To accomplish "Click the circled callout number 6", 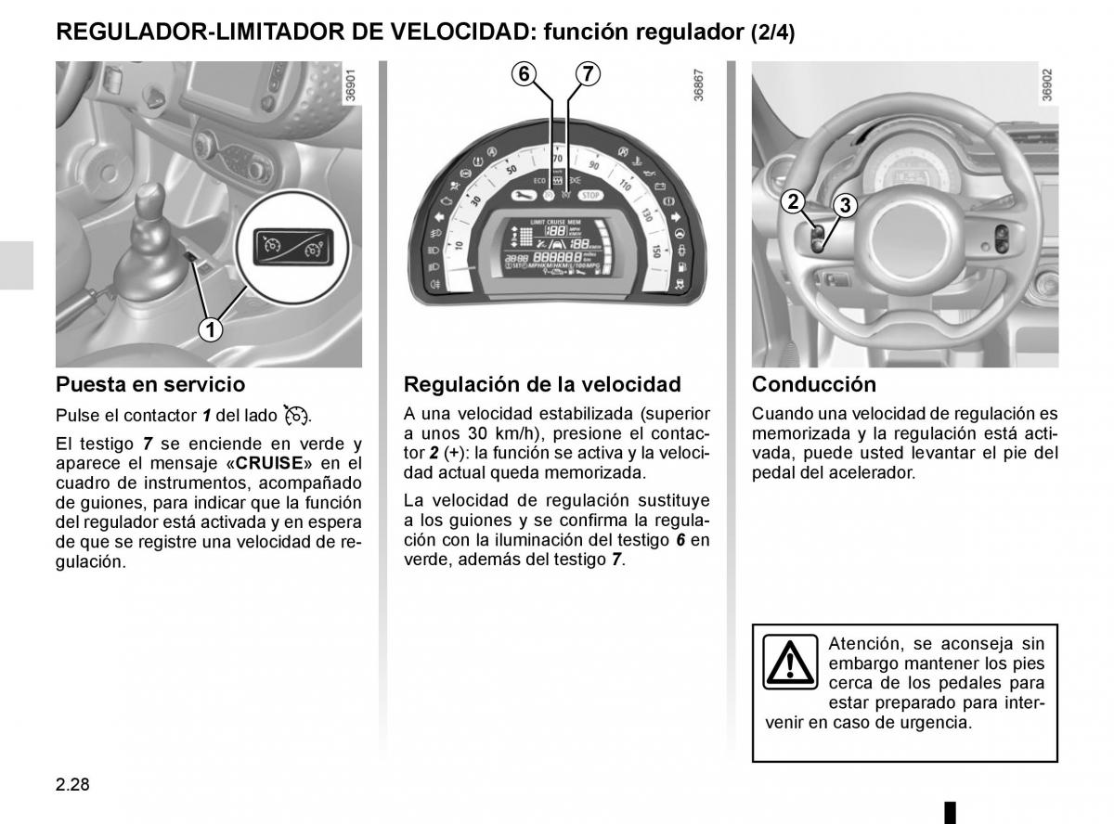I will [x=525, y=74].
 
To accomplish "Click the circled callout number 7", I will [x=587, y=74].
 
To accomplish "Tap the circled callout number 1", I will [x=211, y=328].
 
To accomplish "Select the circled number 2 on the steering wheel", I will [x=792, y=201].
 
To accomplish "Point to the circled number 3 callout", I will [x=844, y=206].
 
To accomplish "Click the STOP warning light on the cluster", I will [x=590, y=195].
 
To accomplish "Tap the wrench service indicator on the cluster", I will [x=523, y=196].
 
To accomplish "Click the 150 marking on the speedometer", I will [x=655, y=251].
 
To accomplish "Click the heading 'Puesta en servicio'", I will [x=150, y=384].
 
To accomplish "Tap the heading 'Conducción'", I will [x=813, y=384].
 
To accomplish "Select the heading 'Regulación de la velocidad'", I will [x=542, y=384].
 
